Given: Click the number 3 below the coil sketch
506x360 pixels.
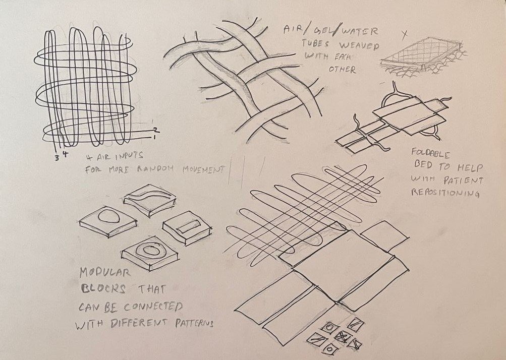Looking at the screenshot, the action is tap(57, 158).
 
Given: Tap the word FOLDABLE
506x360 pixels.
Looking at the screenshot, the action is tap(430, 154).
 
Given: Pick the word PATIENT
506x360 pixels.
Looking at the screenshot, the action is tap(464, 180).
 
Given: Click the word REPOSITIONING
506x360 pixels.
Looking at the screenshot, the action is tap(445, 193).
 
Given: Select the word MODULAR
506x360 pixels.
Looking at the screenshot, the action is tap(105, 273).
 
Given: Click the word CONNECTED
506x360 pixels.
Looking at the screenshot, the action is tap(153, 306).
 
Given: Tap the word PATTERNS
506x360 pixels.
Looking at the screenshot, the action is tap(194, 323).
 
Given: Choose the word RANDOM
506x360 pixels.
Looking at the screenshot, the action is tap(155, 169).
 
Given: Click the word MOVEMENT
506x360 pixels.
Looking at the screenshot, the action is tap(203, 169).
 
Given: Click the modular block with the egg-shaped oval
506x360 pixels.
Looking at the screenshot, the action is tap(108, 222).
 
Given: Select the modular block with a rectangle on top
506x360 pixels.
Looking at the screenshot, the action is tap(187, 228).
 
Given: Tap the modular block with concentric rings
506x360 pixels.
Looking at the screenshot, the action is tap(150, 253).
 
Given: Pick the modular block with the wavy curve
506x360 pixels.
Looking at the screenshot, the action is tap(150, 200).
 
